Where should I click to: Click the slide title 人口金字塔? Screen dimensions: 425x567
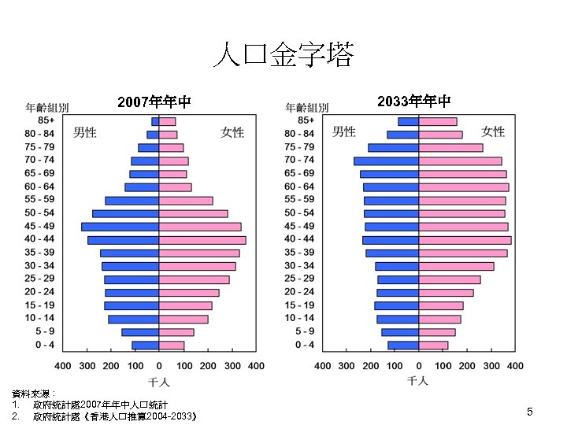click(283, 56)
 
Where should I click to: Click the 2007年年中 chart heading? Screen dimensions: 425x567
click(154, 102)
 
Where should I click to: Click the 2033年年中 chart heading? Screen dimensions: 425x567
click(414, 102)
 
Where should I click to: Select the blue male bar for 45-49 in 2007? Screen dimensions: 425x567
click(120, 227)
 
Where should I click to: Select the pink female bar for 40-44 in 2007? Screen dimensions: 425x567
click(202, 239)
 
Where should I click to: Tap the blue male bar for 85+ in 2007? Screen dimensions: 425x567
click(155, 121)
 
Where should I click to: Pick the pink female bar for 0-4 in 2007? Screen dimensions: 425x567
click(172, 345)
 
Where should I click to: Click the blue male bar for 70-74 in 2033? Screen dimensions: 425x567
click(386, 161)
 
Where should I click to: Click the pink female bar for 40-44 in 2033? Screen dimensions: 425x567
click(465, 239)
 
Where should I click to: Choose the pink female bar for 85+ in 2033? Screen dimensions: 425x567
click(438, 121)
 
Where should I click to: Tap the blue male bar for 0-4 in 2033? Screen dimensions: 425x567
click(403, 345)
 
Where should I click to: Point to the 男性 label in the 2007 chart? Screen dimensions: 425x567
click(85, 132)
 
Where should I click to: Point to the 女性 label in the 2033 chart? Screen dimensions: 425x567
click(493, 131)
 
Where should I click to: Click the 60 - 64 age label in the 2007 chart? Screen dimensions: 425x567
click(39, 187)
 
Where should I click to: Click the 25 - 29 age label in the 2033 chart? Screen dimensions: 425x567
click(299, 279)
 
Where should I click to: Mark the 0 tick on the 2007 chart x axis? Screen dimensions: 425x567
click(159, 366)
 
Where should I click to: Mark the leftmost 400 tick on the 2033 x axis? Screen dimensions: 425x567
click(323, 366)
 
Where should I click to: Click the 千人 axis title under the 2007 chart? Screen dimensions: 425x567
click(159, 382)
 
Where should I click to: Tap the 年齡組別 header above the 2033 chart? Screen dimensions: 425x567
click(307, 107)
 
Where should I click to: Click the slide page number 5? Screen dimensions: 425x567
click(530, 412)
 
